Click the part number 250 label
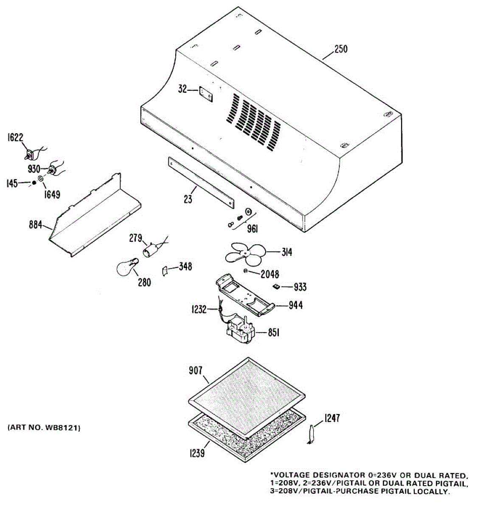(340, 49)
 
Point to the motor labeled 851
(241, 332)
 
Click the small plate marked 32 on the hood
(206, 94)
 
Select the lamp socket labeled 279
(150, 250)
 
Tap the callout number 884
(35, 224)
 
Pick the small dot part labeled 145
(34, 183)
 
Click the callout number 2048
(269, 274)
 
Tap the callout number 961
(252, 229)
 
